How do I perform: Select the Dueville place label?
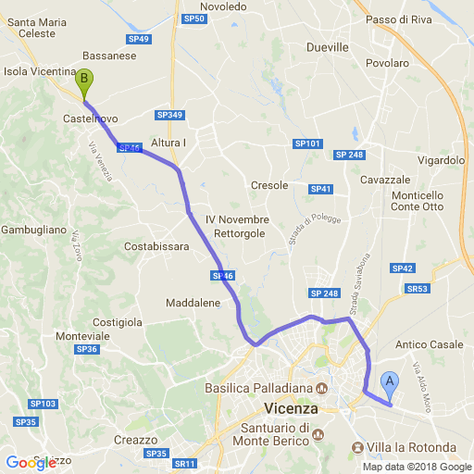coord(328,46)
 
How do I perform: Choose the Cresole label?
coord(269,185)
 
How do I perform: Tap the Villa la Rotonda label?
coord(411,448)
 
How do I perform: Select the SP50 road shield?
coord(193,18)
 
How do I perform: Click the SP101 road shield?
coord(307,143)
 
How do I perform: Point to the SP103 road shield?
coord(43,404)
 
